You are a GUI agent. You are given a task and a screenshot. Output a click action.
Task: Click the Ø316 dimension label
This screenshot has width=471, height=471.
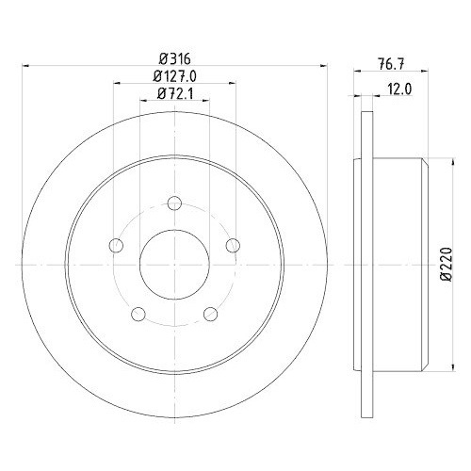pyautogui.click(x=175, y=57)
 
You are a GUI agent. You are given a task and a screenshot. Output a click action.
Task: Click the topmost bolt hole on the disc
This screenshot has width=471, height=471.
pyautogui.click(x=174, y=203)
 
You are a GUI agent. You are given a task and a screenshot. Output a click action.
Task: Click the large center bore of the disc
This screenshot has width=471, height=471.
pyautogui.click(x=174, y=265)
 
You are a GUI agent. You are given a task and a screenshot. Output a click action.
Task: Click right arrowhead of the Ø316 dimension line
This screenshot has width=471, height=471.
pyautogui.click(x=325, y=65)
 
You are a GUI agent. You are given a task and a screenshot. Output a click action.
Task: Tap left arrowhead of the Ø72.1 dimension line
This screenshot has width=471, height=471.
pyautogui.click(x=141, y=100)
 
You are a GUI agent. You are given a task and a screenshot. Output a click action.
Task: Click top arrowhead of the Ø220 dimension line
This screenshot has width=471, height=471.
pyautogui.click(x=433, y=162)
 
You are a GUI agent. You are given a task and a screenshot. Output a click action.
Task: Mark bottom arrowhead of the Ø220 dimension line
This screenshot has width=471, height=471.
pyautogui.click(x=433, y=367)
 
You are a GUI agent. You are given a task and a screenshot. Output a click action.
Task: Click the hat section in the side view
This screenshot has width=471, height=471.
pyautogui.click(x=396, y=265)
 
